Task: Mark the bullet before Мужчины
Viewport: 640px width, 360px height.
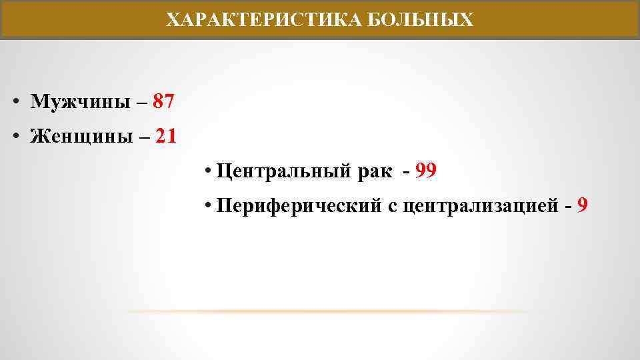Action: (x=14, y=102)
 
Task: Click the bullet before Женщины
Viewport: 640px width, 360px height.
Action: (x=14, y=137)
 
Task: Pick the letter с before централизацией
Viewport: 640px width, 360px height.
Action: (x=392, y=206)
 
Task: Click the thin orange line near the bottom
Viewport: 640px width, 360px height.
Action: (x=327, y=311)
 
